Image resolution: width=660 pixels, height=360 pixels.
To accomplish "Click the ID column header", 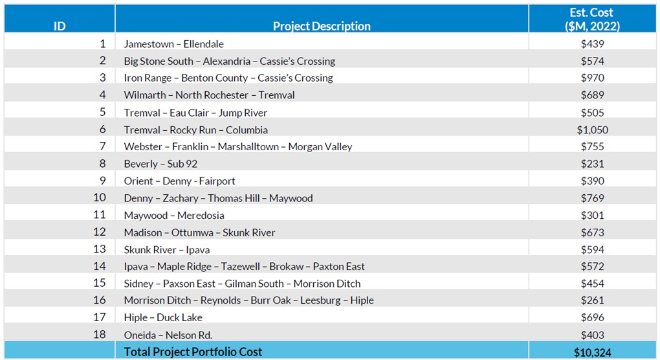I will tap(60, 27).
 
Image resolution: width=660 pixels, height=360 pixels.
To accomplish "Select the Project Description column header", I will tap(322, 27).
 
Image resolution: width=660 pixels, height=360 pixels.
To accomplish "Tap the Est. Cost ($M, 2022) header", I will tap(592, 19).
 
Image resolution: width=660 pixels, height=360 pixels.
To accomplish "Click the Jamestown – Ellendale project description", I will tap(174, 44).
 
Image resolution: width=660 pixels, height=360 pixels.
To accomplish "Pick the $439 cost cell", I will tap(592, 44).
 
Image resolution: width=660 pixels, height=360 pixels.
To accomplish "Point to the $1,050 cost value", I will tap(592, 129).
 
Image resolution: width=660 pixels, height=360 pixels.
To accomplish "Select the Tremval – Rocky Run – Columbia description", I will tap(195, 129).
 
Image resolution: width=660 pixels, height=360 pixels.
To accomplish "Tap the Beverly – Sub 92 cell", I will tap(160, 164).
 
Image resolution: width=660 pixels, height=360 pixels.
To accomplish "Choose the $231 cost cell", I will tap(592, 164).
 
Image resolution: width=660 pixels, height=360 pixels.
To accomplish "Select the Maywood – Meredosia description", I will tap(174, 215).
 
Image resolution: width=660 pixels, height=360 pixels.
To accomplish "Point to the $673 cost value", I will tap(592, 232).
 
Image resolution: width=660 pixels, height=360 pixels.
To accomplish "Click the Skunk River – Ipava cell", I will tap(167, 249).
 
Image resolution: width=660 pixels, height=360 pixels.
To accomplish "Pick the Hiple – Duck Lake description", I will tap(163, 317).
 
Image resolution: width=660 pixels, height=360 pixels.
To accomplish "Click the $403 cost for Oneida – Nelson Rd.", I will tap(592, 335).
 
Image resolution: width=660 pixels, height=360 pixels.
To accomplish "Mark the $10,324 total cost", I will tap(592, 352).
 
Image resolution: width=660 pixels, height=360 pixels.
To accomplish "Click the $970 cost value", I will tap(592, 78).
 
